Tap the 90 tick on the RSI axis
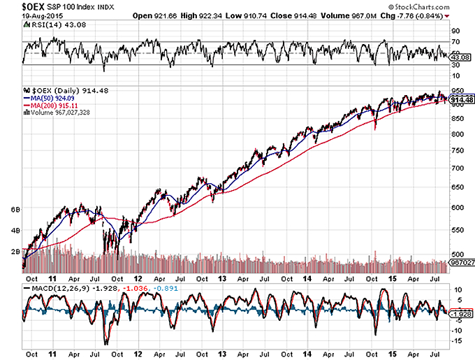tap(455, 31)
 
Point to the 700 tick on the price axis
tap(456, 168)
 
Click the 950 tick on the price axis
tap(456, 91)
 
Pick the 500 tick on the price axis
tap(456, 254)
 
